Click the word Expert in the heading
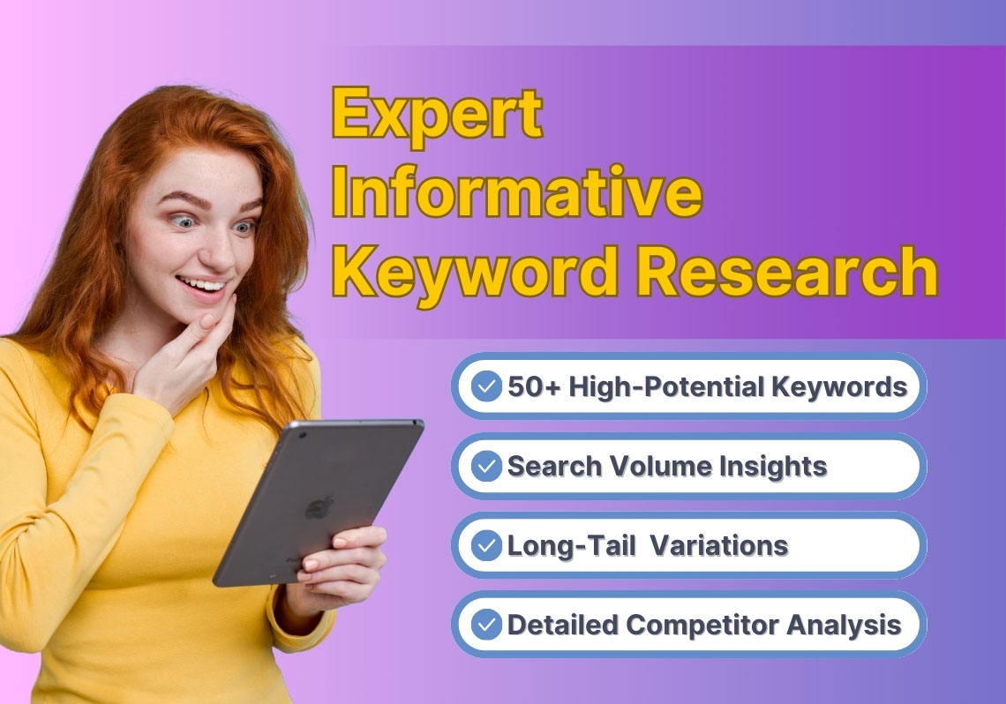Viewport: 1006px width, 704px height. [x=438, y=116]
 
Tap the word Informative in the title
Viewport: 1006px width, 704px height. [x=517, y=191]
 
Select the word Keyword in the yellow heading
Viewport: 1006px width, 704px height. [x=476, y=273]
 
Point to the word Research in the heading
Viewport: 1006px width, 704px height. [x=786, y=271]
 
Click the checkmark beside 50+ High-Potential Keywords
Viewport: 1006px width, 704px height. [x=486, y=386]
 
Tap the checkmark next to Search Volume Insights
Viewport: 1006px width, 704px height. [x=486, y=466]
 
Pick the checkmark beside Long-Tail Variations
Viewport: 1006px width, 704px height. [x=486, y=545]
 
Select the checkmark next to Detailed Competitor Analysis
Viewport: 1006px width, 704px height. [x=486, y=625]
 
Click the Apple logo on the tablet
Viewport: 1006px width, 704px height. [x=319, y=507]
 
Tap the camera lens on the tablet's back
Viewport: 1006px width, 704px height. [x=302, y=435]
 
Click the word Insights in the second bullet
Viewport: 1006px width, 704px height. [x=772, y=467]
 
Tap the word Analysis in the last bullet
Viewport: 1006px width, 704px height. [x=844, y=625]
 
